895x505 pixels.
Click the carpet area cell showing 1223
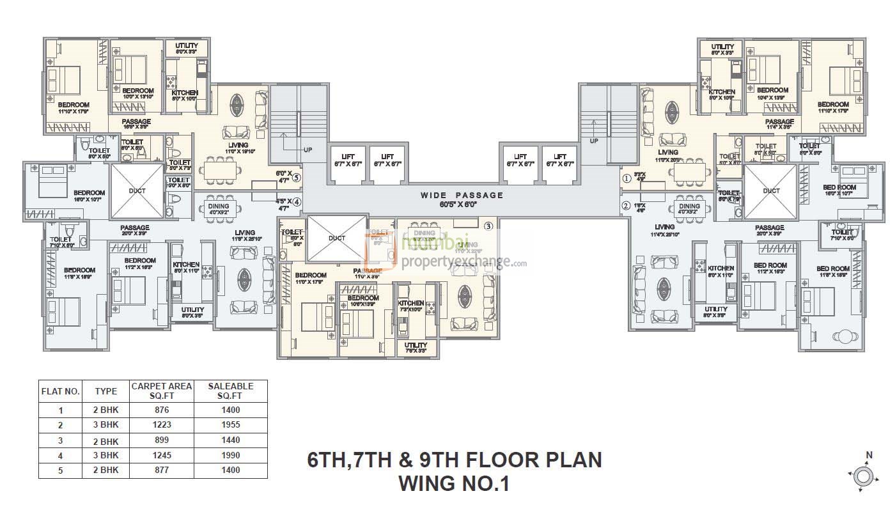161,424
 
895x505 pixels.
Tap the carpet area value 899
161,440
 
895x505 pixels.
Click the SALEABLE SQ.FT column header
231,391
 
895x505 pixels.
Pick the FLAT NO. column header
60,391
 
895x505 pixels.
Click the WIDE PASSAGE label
462,195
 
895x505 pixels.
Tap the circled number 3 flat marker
488,226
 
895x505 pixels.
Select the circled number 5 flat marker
297,178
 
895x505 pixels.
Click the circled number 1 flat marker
627,178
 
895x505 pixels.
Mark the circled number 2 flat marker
627,205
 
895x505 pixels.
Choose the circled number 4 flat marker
297,203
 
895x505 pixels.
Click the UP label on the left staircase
308,150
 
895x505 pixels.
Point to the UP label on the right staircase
595,141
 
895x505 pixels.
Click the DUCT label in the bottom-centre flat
337,238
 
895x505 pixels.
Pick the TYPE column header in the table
105,391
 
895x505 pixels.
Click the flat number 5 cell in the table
60,470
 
